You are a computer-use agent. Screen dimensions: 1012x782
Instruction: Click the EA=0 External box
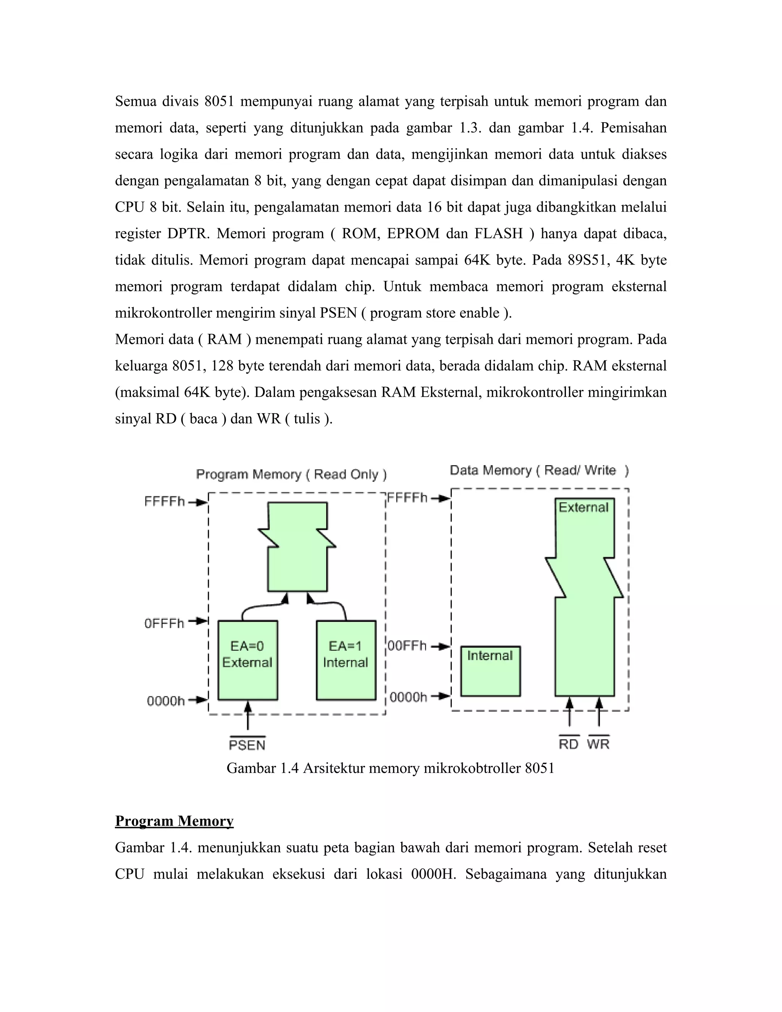(247, 660)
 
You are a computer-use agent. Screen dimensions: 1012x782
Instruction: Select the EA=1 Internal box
(346, 660)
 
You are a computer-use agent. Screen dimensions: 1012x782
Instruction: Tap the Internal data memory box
(490, 671)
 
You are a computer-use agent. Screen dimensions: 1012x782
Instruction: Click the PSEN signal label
(247, 745)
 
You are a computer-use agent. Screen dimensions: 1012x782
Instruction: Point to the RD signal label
(569, 744)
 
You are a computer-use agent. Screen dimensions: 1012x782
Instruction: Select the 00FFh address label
(407, 645)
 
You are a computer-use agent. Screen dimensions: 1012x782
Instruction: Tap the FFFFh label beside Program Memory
(165, 501)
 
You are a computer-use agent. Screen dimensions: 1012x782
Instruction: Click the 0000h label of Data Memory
(408, 697)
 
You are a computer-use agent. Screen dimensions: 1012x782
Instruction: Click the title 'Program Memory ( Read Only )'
(291, 474)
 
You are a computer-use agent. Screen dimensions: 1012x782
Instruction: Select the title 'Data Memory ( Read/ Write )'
(539, 470)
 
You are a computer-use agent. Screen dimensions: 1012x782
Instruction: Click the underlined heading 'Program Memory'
(174, 821)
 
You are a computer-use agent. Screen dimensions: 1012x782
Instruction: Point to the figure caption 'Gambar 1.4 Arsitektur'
(390, 768)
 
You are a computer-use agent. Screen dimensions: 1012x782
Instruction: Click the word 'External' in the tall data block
(583, 508)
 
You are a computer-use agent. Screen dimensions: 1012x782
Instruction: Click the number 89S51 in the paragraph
(588, 260)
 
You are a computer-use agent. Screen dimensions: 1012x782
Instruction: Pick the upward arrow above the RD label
(569, 714)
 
